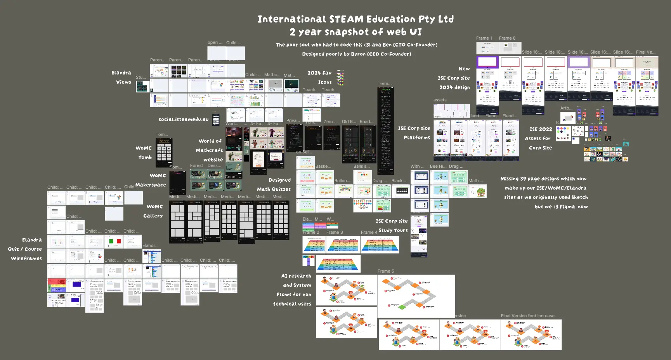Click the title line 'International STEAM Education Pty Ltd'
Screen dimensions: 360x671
[355, 19]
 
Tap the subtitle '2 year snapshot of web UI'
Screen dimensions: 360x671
[355, 32]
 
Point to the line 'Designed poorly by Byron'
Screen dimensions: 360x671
[356, 54]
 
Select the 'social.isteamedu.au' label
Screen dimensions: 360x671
[183, 119]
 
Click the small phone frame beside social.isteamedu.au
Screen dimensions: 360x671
[216, 120]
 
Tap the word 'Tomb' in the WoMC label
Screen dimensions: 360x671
[145, 157]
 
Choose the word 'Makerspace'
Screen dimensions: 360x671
[151, 185]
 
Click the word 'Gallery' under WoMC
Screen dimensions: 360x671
[153, 216]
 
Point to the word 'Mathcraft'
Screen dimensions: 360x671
[209, 150]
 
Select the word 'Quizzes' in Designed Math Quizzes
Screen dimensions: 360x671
[281, 189]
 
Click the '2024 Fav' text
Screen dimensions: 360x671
[319, 73]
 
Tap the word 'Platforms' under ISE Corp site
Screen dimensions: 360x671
[416, 137]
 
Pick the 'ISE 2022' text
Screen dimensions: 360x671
[541, 129]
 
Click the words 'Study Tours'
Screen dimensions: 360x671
[393, 230]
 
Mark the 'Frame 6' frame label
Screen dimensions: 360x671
[385, 271]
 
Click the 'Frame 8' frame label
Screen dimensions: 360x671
[507, 38]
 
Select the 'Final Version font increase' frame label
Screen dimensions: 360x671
[527, 316]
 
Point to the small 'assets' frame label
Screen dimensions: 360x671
[440, 100]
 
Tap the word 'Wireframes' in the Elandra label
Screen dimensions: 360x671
[26, 258]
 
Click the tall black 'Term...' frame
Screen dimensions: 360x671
[386, 130]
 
